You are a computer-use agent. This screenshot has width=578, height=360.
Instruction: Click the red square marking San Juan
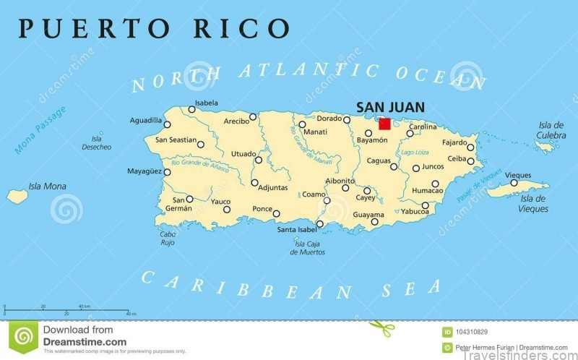384,124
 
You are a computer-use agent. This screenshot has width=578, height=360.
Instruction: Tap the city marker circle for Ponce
276,213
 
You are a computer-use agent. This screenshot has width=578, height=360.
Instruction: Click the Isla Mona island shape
17,195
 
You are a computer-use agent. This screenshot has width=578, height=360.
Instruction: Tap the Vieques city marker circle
514,183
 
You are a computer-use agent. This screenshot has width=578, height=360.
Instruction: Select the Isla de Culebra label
551,130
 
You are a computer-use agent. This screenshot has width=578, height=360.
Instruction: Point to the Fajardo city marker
470,147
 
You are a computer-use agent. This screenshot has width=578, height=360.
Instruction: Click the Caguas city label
379,160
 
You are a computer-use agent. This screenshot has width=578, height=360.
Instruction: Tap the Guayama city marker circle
374,222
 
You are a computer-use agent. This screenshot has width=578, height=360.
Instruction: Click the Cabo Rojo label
168,238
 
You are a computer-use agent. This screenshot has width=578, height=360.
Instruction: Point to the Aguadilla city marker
167,124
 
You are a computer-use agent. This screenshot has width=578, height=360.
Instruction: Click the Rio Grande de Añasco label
200,170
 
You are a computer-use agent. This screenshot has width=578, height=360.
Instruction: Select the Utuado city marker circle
258,159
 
